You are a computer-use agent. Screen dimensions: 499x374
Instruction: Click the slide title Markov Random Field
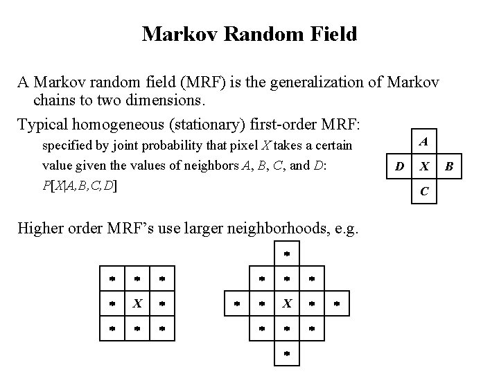(x=249, y=34)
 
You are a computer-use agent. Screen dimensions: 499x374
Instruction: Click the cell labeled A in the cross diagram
(x=423, y=142)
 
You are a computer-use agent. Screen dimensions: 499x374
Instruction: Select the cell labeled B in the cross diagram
(x=448, y=166)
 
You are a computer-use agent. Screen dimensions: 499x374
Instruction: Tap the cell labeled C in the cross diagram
(x=423, y=190)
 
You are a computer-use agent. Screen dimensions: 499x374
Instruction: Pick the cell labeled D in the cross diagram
(x=399, y=166)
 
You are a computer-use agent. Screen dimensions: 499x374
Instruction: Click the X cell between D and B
(x=423, y=166)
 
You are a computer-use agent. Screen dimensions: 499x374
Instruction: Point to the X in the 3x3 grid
(x=137, y=303)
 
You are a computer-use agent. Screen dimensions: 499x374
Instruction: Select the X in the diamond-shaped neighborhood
(x=286, y=303)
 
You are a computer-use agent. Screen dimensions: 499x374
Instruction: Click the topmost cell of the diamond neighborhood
(x=286, y=254)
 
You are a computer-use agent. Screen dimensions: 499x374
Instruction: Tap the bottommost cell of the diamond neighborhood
(x=286, y=353)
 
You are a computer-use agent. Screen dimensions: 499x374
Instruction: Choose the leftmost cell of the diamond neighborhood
(x=236, y=303)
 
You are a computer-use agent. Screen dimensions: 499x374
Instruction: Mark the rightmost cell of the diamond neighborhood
(x=336, y=303)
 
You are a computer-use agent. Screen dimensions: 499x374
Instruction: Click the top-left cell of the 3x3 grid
(x=112, y=278)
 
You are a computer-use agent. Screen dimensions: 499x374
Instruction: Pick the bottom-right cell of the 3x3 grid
(x=161, y=328)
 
